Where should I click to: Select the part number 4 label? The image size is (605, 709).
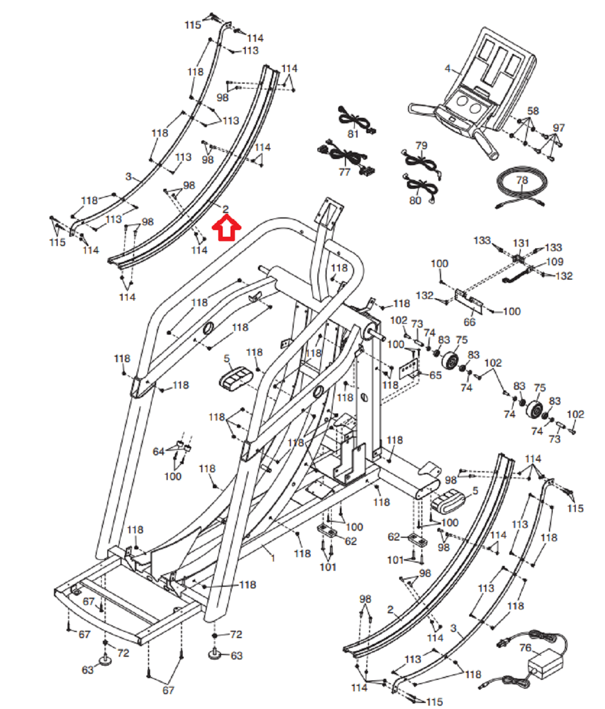[x=447, y=69]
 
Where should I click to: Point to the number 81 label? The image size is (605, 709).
[x=353, y=134]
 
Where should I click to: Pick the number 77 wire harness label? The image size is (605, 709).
[x=344, y=172]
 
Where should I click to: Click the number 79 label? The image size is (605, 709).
[x=421, y=146]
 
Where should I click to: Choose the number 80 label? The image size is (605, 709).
[x=415, y=200]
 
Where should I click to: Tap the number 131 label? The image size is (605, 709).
[x=521, y=243]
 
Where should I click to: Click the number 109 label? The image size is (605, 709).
[x=554, y=262]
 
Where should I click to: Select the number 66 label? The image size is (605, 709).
[x=469, y=321]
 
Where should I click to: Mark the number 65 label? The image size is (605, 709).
[x=435, y=375]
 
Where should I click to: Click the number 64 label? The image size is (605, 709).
[x=158, y=451]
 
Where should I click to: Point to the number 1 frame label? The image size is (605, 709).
[x=273, y=558]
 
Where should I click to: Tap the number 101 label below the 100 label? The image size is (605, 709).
[x=328, y=566]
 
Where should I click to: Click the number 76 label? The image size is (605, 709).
[x=525, y=648]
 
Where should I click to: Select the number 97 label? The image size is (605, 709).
[x=559, y=128]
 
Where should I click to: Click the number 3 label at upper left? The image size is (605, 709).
[x=128, y=177]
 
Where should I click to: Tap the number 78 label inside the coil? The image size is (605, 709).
[x=522, y=180]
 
